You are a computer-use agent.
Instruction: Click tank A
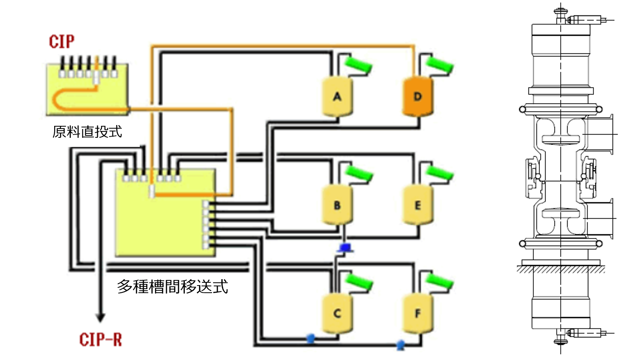[337, 97]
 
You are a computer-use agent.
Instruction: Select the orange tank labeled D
[417, 97]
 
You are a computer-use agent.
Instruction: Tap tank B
[337, 205]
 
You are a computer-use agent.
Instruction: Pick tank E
[417, 205]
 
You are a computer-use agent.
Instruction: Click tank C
[337, 313]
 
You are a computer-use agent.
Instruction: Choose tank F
[417, 313]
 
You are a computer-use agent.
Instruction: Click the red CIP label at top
[62, 41]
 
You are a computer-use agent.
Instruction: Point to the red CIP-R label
[100, 340]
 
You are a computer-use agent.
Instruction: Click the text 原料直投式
[87, 132]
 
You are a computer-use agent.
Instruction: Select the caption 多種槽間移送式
[172, 286]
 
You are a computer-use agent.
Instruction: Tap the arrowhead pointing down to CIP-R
[100, 317]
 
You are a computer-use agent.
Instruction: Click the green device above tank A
[358, 65]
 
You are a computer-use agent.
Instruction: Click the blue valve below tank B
[345, 248]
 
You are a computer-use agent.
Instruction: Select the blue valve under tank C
[311, 338]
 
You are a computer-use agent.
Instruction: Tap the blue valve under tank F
[401, 344]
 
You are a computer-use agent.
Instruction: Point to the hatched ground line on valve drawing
[561, 270]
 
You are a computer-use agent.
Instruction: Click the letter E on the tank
[417, 205]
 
